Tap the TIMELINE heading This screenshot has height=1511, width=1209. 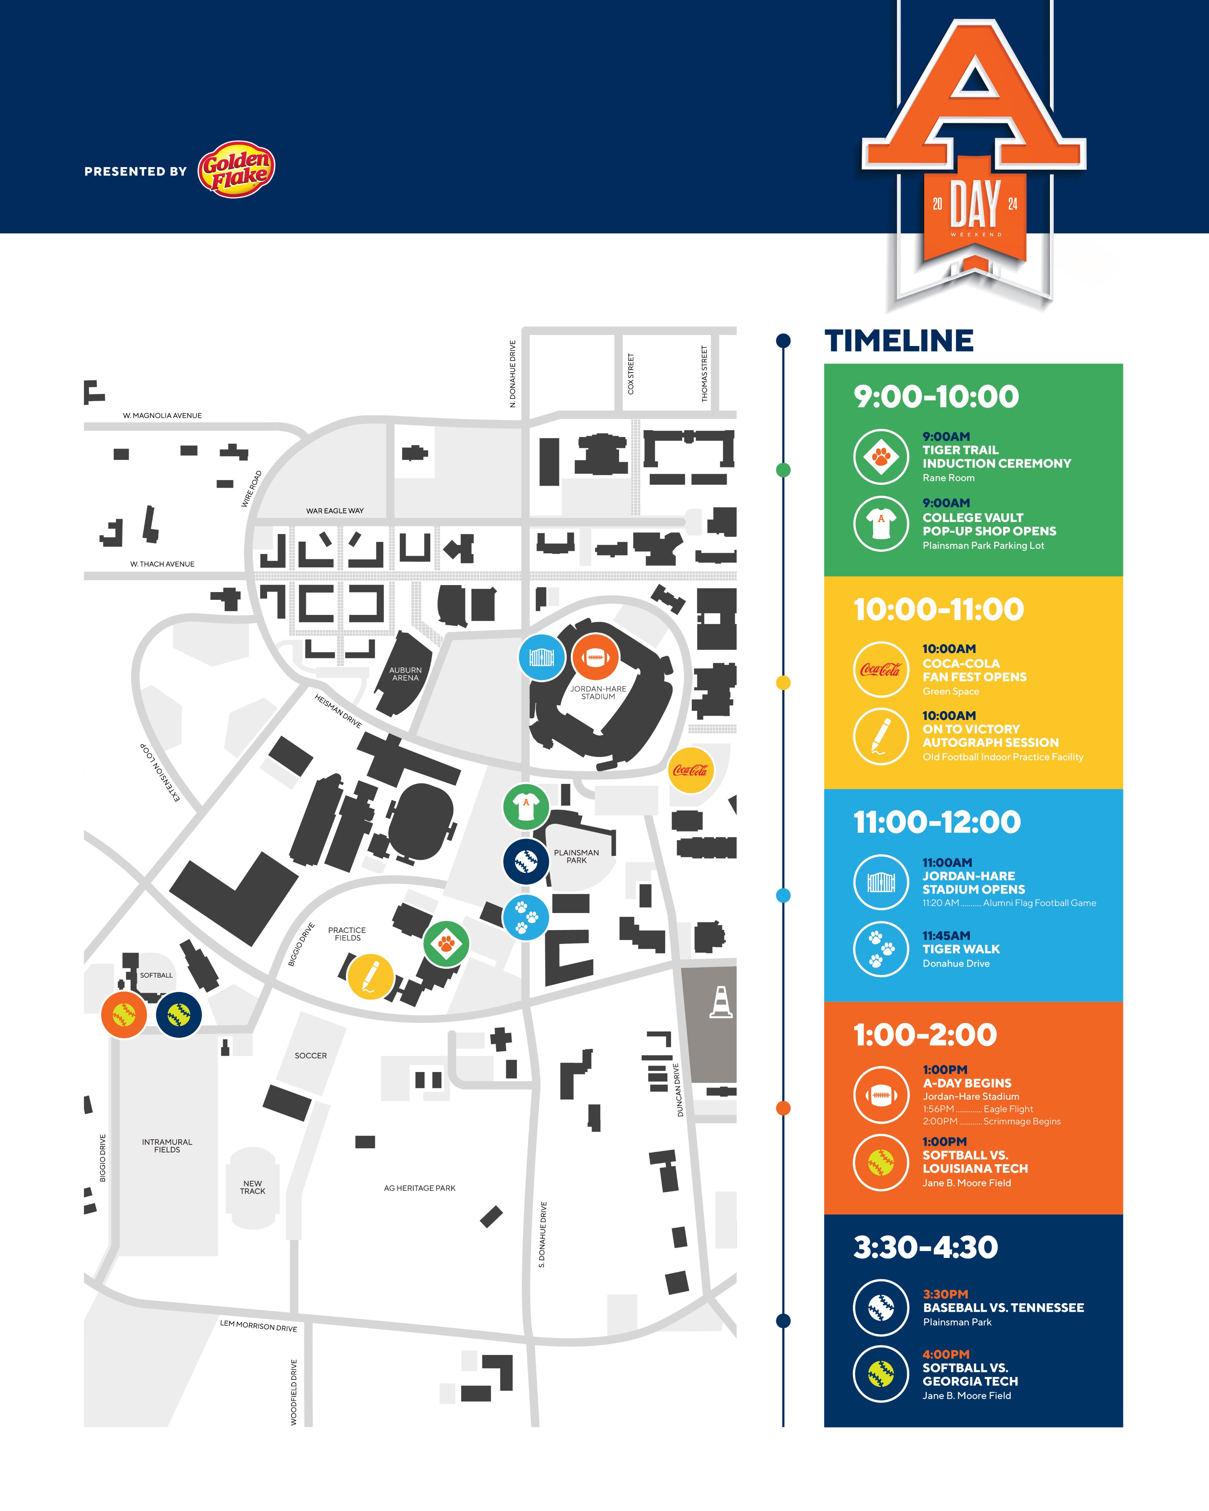[x=898, y=341]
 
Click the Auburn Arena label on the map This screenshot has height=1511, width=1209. [x=405, y=674]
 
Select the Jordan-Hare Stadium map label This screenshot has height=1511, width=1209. [x=598, y=692]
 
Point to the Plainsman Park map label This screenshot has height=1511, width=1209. [x=576, y=857]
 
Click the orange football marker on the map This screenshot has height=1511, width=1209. [x=595, y=657]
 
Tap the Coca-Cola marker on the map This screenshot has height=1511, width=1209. [x=690, y=770]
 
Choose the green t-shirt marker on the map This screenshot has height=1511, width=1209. [x=526, y=807]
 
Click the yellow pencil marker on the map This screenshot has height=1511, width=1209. [x=370, y=976]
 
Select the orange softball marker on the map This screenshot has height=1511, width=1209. [x=124, y=1014]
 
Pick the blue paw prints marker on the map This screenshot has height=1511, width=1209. [x=526, y=917]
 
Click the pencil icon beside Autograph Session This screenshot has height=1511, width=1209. [x=881, y=736]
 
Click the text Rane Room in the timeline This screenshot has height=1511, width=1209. [x=948, y=478]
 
